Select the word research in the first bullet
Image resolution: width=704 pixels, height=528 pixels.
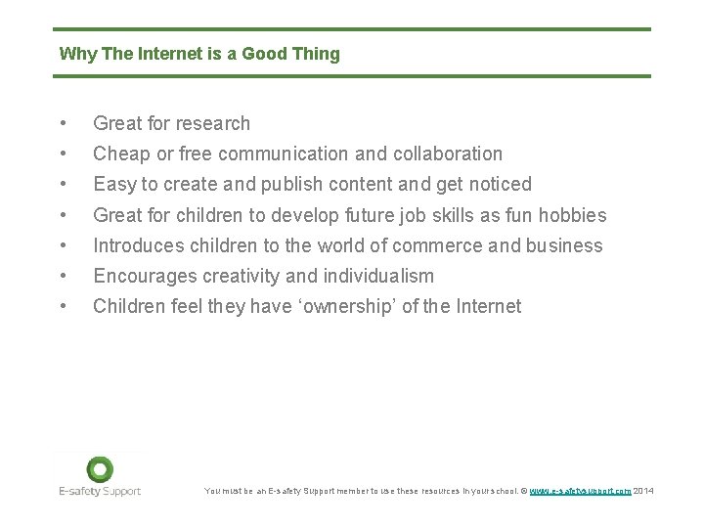211,123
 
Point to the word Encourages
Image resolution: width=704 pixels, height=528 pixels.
140,276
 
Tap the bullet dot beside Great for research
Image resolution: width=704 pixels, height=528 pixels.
63,123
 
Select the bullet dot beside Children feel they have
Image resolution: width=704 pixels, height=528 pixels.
63,306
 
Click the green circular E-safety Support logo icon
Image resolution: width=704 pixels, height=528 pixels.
100,469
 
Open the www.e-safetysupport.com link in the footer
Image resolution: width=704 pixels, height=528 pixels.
581,491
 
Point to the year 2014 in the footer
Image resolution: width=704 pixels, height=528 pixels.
644,491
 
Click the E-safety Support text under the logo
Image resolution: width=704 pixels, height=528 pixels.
100,491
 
